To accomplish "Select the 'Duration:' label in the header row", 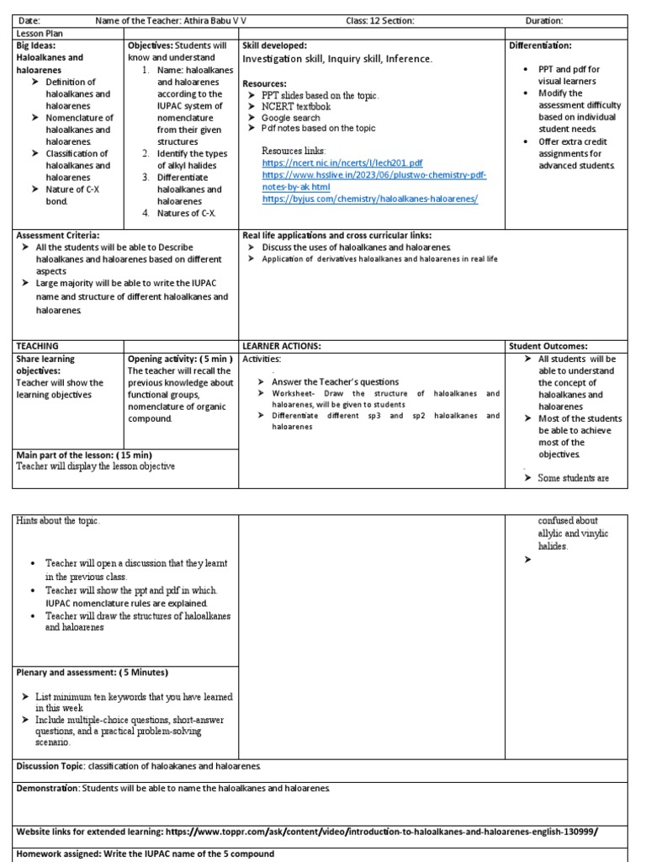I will [x=544, y=20].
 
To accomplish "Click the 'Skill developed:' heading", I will [x=274, y=45].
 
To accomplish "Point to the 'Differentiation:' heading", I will [x=540, y=45].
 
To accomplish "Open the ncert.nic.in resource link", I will [x=342, y=162].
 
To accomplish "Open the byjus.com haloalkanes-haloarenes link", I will [x=370, y=199].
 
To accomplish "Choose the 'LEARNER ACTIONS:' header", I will [x=282, y=346].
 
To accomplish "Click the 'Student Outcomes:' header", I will [x=548, y=346].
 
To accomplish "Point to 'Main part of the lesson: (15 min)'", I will [x=85, y=455].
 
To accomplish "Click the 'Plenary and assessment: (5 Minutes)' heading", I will [x=93, y=673].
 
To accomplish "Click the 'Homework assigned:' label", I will [x=59, y=854].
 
